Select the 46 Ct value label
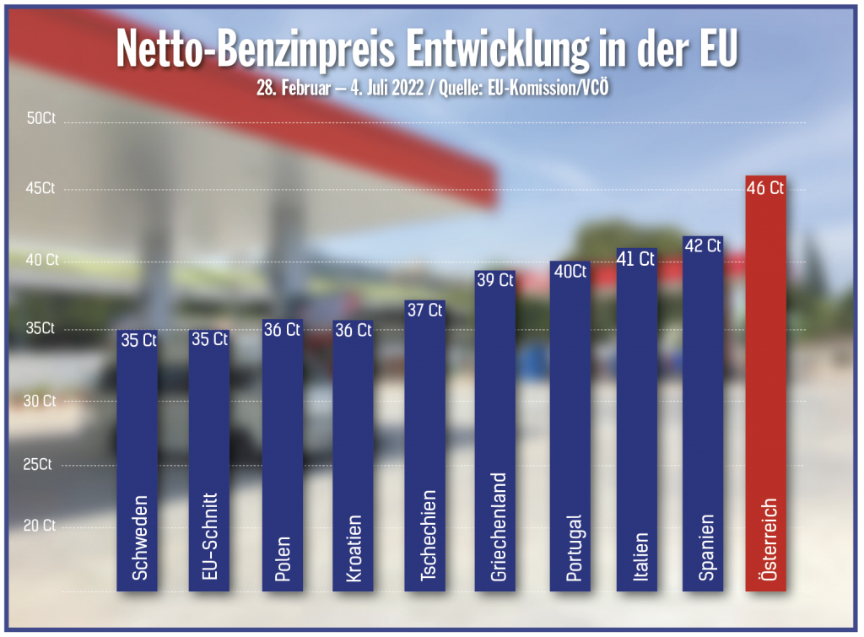click(766, 188)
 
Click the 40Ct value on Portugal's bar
click(570, 272)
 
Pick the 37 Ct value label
click(424, 310)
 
